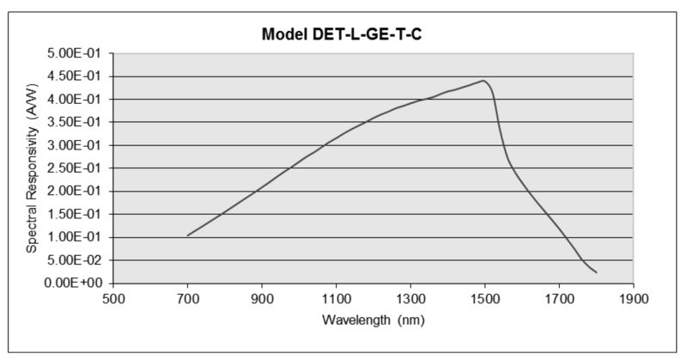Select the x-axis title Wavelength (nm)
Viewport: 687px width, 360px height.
tap(373, 320)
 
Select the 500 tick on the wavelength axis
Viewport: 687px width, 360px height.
tap(113, 299)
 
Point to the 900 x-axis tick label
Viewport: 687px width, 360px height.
tap(262, 299)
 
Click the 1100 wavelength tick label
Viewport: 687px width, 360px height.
tap(336, 299)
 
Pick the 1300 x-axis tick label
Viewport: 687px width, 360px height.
tap(410, 299)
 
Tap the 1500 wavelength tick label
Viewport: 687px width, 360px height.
tap(484, 299)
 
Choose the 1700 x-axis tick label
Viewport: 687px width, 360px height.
tap(559, 299)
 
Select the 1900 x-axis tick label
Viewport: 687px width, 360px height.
tap(633, 299)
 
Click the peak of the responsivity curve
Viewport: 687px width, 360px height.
tap(483, 81)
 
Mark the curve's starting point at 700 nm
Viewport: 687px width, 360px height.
tap(188, 235)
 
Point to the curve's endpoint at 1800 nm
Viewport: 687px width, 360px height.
tap(596, 272)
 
